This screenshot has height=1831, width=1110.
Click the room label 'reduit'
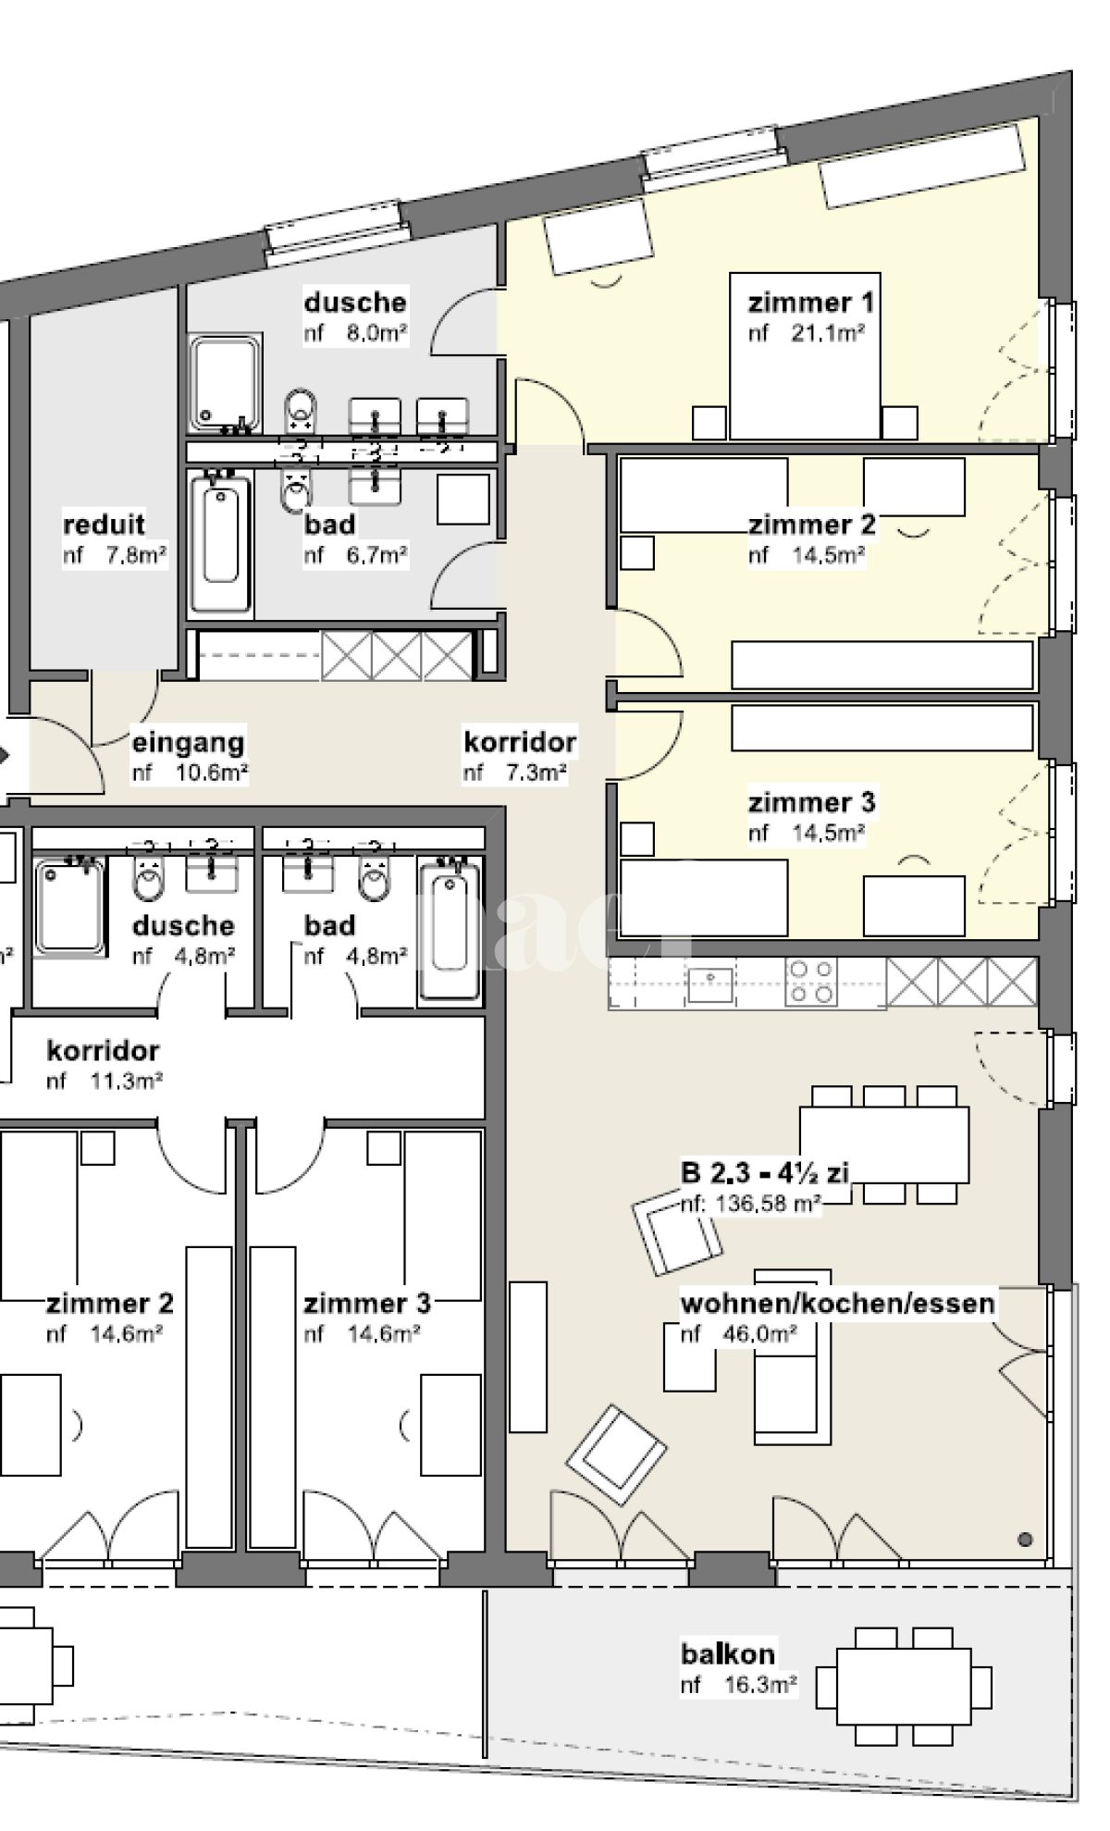pos(104,524)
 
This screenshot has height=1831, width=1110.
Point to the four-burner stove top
pos(811,982)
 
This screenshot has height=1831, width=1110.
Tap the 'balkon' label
pos(728,1653)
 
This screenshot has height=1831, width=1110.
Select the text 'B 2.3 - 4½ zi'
pos(764,1173)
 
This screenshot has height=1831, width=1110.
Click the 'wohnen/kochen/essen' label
pos(838,1303)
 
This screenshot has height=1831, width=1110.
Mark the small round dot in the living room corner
pos(1025,1540)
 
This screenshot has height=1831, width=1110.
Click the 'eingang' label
pos(188,742)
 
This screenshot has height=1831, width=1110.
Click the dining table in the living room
pos(883,1144)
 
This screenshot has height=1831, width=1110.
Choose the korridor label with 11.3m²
pos(103,1050)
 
